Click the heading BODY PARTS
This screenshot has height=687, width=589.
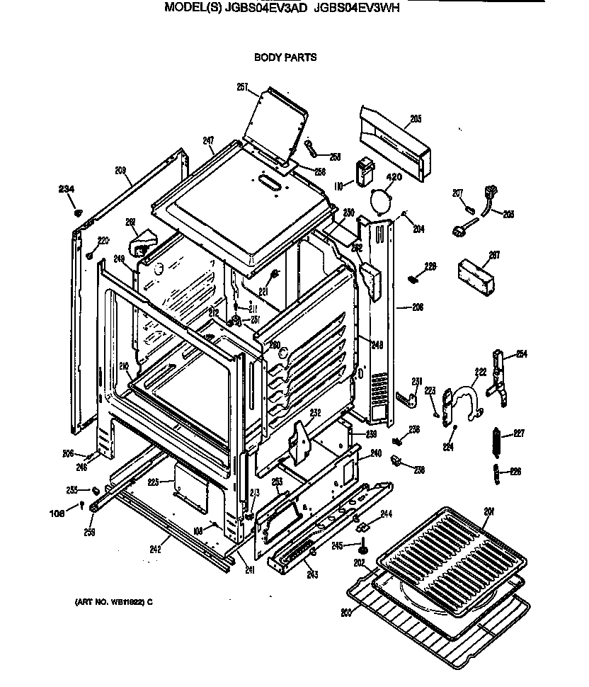(285, 57)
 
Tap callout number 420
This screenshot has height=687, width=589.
(393, 177)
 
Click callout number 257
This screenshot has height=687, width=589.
(243, 87)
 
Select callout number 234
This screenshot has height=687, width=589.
(66, 188)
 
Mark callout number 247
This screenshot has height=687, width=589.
(208, 141)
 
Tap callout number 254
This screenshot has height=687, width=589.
(522, 354)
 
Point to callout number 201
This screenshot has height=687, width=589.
(488, 511)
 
